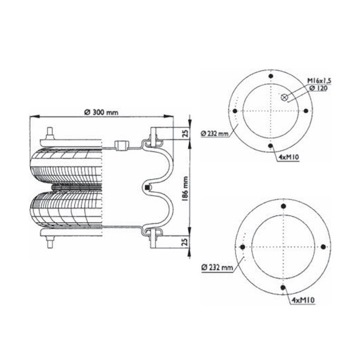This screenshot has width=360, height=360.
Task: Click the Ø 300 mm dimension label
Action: (101, 112)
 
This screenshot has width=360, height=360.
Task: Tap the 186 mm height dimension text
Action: (185, 188)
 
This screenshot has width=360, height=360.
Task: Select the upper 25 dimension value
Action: (186, 133)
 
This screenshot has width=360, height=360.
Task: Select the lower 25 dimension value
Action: (186, 242)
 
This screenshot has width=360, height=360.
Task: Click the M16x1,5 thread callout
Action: (319, 81)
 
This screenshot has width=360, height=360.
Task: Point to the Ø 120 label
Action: (318, 88)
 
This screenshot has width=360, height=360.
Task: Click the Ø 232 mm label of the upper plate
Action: (215, 134)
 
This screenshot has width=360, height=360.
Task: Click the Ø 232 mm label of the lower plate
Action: (217, 267)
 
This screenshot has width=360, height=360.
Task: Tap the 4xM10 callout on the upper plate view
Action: (288, 157)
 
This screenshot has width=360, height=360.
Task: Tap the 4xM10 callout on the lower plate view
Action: (303, 300)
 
